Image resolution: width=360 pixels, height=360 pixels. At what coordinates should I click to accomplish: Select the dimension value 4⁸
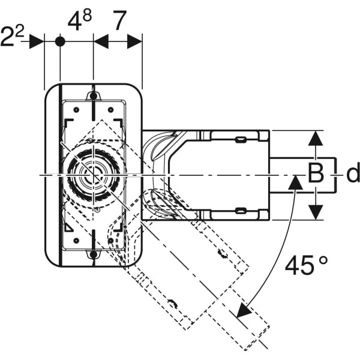pyautogui.click(x=79, y=23)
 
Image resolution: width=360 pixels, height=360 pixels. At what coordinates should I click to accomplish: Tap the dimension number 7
pyautogui.click(x=119, y=22)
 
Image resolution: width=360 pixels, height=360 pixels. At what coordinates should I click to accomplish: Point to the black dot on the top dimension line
pyautogui.click(x=60, y=41)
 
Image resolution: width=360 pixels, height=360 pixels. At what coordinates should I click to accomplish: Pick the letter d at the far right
pyautogui.click(x=353, y=174)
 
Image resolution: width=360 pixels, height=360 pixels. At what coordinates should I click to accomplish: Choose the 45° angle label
pyautogui.click(x=306, y=265)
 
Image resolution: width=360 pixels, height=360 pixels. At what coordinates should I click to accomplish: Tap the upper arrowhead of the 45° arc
pyautogui.click(x=294, y=182)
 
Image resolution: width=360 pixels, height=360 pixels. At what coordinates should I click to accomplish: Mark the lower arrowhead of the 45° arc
pyautogui.click(x=242, y=311)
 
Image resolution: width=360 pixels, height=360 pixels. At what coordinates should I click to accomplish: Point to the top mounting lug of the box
pyautogui.click(x=93, y=96)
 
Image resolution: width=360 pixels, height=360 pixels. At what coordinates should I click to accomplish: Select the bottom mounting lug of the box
pyautogui.click(x=93, y=256)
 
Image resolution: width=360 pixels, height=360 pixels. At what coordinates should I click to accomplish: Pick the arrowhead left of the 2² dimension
pyautogui.click(x=37, y=41)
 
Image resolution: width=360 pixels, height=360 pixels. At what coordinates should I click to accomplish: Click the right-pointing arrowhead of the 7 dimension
pyautogui.click(x=135, y=41)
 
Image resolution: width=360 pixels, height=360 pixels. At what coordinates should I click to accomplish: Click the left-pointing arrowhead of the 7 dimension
pyautogui.click(x=101, y=41)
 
